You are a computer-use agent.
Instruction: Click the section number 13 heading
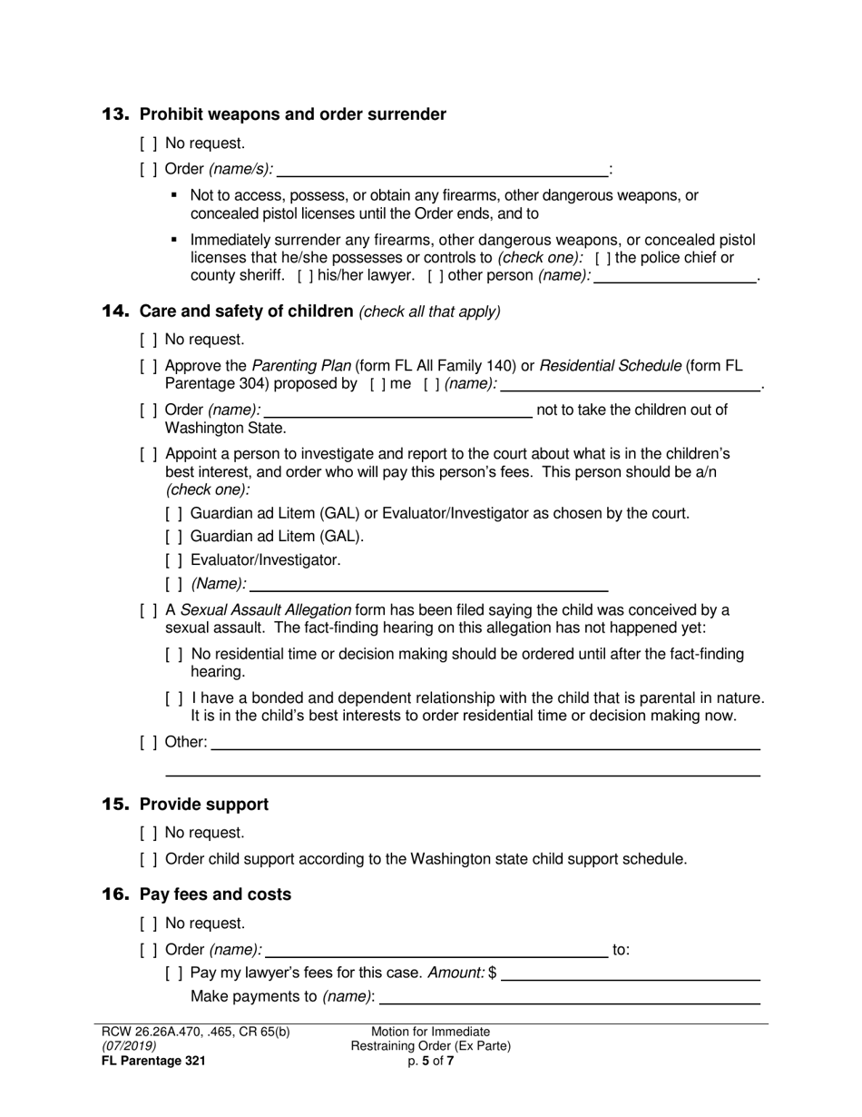coord(115,114)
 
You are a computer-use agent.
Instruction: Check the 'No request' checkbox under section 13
coord(149,143)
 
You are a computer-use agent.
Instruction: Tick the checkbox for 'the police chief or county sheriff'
coord(603,258)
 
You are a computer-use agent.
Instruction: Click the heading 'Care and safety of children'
coord(245,311)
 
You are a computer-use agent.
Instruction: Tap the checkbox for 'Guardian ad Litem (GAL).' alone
coord(174,537)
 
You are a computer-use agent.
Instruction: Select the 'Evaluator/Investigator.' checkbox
coord(174,560)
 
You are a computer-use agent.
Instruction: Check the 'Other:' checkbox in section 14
coord(149,742)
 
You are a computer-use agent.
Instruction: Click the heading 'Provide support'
coord(203,805)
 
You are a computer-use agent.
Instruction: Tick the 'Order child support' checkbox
coord(149,859)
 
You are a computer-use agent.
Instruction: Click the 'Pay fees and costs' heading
coord(215,895)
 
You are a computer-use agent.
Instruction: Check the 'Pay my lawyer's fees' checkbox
coord(174,974)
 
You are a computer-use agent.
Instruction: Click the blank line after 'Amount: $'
coord(630,974)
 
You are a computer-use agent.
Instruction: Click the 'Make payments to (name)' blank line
coord(569,997)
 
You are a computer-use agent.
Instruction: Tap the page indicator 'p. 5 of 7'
coord(431,1060)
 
